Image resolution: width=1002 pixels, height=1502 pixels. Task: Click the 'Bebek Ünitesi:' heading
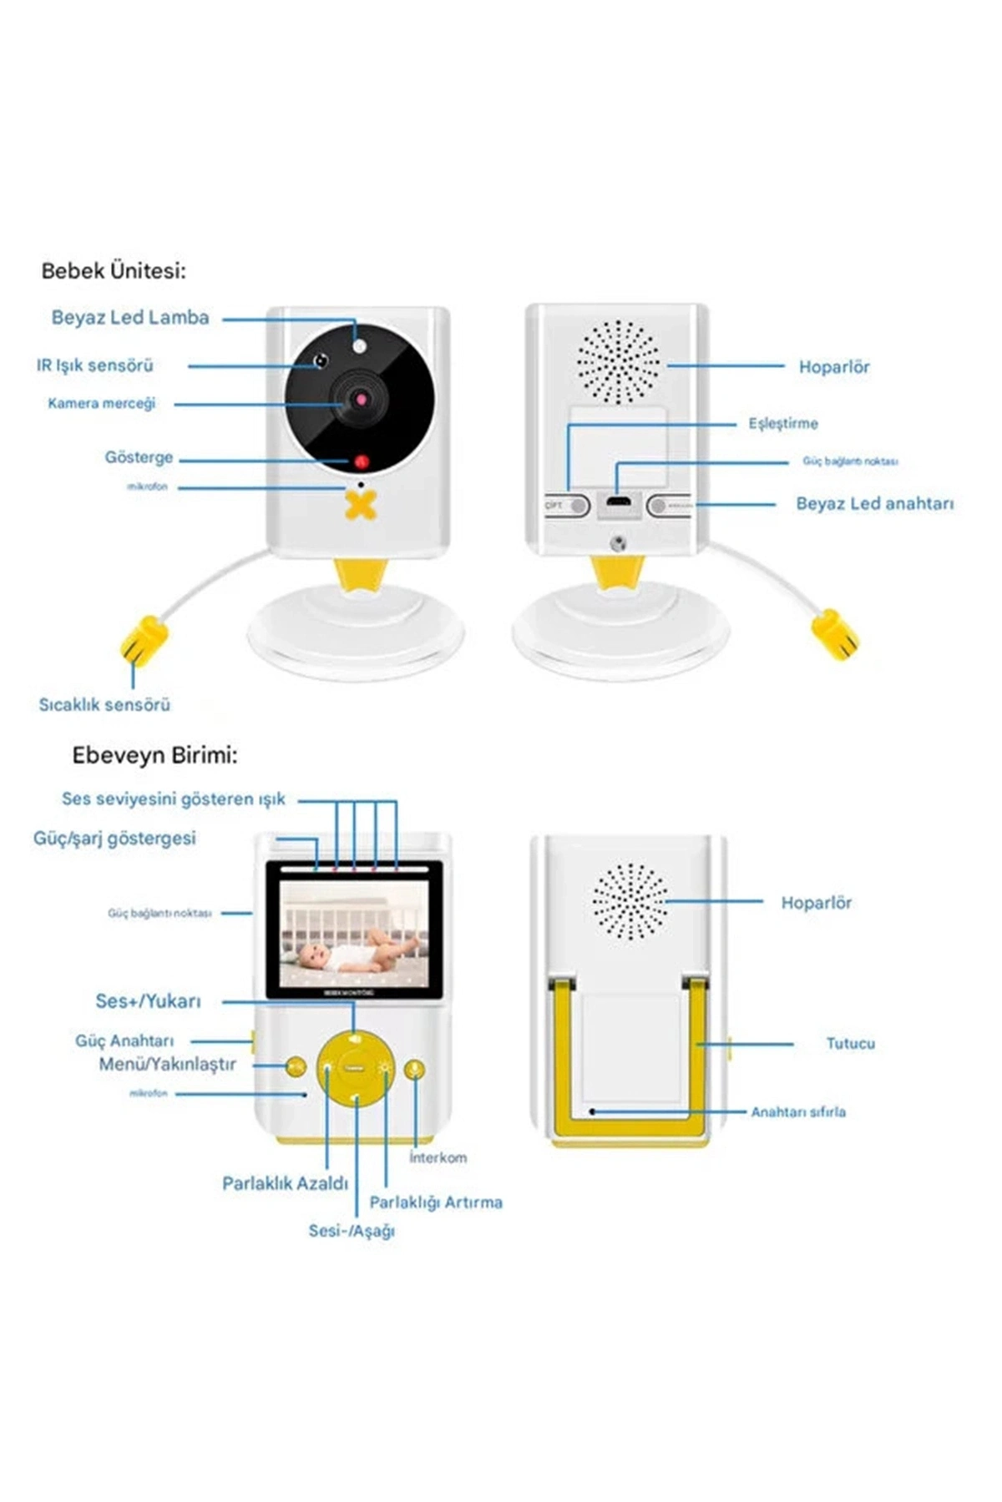(x=114, y=271)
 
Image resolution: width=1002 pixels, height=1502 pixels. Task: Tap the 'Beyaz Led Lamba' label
(x=130, y=318)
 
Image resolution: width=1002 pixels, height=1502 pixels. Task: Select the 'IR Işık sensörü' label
(x=95, y=365)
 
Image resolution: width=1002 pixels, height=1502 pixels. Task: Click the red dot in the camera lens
(x=362, y=400)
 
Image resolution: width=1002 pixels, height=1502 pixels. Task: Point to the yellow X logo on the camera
(x=361, y=505)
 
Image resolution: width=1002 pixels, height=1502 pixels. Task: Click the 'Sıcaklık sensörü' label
(x=104, y=705)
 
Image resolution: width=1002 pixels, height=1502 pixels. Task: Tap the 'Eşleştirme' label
(x=782, y=424)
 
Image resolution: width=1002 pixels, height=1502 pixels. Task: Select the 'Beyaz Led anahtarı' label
(x=874, y=504)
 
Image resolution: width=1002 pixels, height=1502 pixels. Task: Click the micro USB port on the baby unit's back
(x=618, y=503)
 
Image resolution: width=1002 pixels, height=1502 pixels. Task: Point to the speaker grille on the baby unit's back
(x=619, y=362)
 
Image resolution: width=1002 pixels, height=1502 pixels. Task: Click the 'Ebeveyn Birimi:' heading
(x=154, y=756)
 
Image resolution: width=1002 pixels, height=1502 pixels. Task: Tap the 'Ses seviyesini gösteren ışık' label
(x=174, y=799)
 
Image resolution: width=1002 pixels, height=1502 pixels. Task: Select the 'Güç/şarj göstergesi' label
(x=114, y=839)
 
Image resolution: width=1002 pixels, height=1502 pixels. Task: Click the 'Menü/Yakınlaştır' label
(x=167, y=1065)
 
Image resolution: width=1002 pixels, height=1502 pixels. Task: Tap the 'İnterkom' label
(x=438, y=1158)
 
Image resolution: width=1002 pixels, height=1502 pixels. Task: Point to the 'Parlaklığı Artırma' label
(x=436, y=1202)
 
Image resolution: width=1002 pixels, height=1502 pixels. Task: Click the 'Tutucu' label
(x=850, y=1044)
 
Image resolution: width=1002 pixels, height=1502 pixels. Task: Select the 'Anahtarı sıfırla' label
(x=797, y=1112)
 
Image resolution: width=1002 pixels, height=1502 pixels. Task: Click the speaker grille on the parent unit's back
(x=630, y=902)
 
